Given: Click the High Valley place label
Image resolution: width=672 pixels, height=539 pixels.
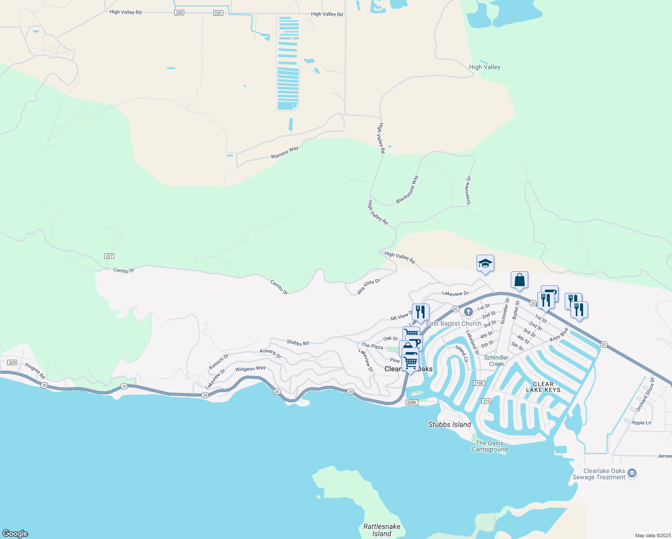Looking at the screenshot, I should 484,67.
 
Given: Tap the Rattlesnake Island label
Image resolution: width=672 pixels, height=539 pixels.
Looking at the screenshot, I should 382,530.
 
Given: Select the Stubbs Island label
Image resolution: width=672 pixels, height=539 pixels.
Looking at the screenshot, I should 450,424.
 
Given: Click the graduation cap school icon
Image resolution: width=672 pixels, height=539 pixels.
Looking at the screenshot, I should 485,263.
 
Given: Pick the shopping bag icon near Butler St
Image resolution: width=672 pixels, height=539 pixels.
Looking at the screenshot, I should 519,280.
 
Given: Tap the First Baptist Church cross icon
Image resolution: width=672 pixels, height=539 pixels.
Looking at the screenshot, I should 468,312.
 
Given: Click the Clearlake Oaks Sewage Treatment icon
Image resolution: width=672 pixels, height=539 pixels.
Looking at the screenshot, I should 632,473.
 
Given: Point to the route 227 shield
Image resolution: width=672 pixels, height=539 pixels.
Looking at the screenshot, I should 109,256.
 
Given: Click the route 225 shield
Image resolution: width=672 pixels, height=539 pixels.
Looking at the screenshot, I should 12,362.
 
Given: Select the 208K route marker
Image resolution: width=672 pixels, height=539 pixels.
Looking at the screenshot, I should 411,402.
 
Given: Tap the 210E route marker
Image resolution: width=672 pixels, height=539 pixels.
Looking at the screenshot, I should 479,383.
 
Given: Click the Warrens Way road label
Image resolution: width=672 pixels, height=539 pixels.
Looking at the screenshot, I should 284,152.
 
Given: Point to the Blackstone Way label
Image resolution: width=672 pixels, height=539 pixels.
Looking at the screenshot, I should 407,190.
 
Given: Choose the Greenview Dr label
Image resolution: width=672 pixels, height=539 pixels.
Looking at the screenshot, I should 469,190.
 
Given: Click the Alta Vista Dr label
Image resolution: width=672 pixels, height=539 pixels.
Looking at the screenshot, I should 368,287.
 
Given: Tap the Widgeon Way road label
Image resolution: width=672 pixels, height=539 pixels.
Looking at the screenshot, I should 250,369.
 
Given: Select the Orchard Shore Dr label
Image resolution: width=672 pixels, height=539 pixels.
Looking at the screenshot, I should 645,394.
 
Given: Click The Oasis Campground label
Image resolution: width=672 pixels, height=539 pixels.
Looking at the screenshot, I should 490,446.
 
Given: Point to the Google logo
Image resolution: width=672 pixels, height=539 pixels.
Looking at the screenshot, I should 15,533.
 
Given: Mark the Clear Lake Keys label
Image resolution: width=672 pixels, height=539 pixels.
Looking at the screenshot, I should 543,387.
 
